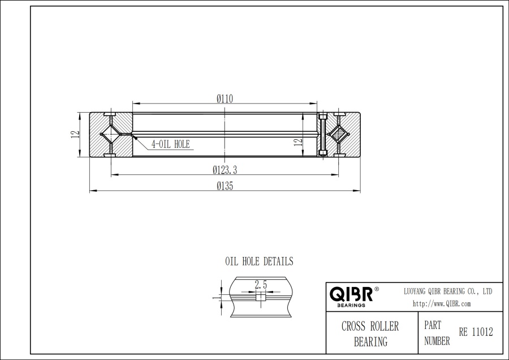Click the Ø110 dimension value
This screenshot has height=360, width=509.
(225, 98)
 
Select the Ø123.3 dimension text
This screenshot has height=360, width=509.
(225, 169)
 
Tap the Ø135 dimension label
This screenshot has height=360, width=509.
(225, 186)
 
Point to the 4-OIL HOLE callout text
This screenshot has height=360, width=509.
(170, 144)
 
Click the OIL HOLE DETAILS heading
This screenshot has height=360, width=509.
(259, 262)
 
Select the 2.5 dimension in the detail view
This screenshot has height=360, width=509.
(261, 285)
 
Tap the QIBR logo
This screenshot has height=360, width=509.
(351, 294)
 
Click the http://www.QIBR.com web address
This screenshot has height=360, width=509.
(442, 304)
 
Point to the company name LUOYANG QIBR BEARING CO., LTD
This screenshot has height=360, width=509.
(447, 291)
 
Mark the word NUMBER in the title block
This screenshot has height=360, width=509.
(437, 341)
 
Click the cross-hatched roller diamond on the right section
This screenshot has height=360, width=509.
(339, 135)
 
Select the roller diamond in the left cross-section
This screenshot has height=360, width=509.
(110, 135)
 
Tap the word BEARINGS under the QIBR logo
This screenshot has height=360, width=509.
(351, 305)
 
